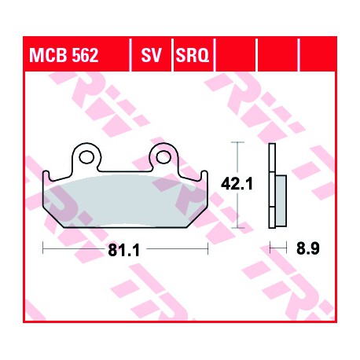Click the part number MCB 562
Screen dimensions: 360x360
click(64, 55)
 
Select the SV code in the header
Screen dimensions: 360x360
click(152, 55)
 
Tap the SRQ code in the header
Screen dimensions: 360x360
click(193, 55)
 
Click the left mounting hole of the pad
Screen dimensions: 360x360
click(86, 157)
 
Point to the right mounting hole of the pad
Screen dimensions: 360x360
click(163, 157)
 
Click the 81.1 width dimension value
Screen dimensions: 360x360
click(124, 250)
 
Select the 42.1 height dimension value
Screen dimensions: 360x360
click(237, 184)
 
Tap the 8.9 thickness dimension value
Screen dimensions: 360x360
click(308, 248)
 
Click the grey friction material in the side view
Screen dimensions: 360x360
click(281, 201)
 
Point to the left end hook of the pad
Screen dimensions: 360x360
click(46, 176)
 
